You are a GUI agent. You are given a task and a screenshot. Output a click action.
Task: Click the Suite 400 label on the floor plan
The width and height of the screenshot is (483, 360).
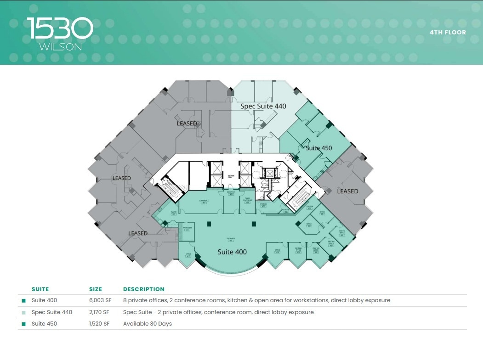tap(232, 252)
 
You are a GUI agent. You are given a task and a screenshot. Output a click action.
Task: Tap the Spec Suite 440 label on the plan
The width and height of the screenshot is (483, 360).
tap(263, 106)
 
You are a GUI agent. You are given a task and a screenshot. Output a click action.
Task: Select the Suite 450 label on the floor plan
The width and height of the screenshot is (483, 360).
tap(318, 148)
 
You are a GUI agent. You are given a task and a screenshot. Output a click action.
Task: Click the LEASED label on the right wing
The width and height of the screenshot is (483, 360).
tap(347, 191)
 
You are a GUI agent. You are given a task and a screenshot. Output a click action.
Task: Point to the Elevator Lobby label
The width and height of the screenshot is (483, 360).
tap(231, 176)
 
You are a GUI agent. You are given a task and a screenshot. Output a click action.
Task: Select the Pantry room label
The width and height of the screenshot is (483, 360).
tap(174, 213)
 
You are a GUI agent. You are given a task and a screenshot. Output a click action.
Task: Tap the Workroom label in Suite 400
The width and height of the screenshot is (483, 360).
tap(187, 228)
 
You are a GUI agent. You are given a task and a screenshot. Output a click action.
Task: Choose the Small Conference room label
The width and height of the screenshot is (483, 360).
tap(248, 200)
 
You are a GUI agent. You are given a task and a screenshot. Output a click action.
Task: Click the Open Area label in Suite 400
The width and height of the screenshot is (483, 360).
tap(231, 239)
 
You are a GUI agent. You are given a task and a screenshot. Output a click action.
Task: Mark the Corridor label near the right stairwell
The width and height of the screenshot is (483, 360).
tap(310, 207)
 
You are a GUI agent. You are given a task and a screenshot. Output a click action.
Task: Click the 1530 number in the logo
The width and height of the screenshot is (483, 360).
tap(60, 28)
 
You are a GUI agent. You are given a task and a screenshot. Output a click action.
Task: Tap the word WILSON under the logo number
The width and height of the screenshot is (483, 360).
tap(61, 47)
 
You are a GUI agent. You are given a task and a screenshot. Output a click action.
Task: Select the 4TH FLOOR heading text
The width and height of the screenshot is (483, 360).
tap(448, 33)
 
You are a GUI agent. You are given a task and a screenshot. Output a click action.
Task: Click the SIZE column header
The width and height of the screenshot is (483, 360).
tap(96, 289)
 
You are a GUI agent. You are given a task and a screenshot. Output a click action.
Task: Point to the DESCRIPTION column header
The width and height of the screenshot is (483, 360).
tap(144, 289)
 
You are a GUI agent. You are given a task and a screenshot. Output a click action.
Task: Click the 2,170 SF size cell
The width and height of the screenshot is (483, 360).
tap(99, 312)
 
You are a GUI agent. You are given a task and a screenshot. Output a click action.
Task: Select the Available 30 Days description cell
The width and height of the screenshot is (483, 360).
tap(147, 324)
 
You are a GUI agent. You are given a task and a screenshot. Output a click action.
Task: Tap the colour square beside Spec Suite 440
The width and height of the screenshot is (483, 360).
tap(23, 312)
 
